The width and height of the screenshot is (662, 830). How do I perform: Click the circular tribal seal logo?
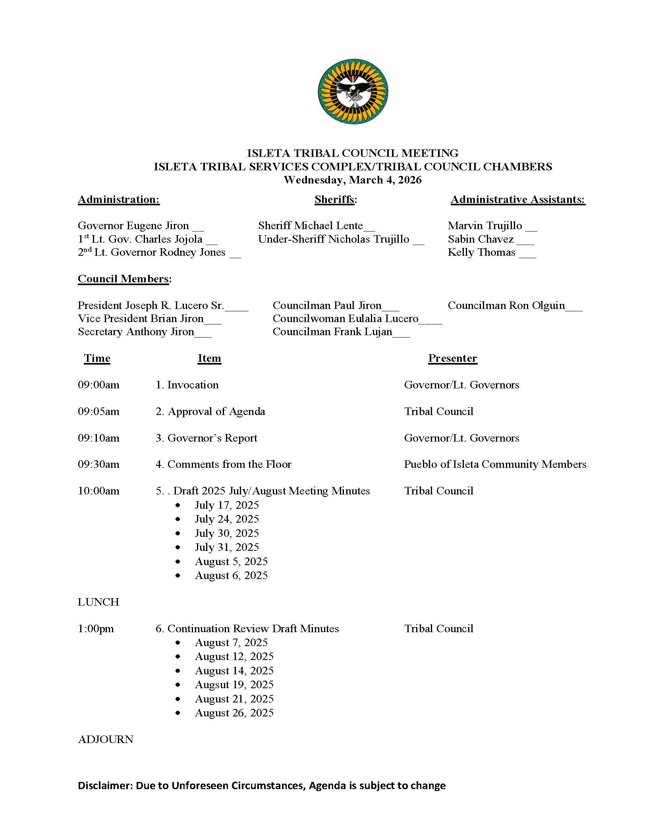pyautogui.click(x=353, y=91)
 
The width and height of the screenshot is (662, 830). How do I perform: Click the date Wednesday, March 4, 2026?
pyautogui.click(x=352, y=180)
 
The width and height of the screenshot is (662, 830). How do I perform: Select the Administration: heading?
pyautogui.click(x=119, y=199)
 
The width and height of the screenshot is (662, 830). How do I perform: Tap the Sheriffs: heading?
pyautogui.click(x=336, y=199)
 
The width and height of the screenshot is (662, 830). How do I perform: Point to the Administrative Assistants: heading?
pyautogui.click(x=517, y=199)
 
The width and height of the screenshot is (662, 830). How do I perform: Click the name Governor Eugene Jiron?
pyautogui.click(x=133, y=226)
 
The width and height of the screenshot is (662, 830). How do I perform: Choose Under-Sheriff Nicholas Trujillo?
pyautogui.click(x=334, y=239)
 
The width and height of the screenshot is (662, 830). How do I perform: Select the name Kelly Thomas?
pyautogui.click(x=481, y=252)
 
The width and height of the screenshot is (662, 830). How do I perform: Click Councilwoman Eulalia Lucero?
pyautogui.click(x=345, y=318)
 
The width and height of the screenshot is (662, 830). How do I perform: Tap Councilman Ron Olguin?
pyautogui.click(x=506, y=305)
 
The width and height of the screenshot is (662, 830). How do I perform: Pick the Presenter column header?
pyautogui.click(x=452, y=358)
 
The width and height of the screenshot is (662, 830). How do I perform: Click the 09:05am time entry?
pyautogui.click(x=98, y=411)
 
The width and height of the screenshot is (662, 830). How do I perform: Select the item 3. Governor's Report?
pyautogui.click(x=207, y=438)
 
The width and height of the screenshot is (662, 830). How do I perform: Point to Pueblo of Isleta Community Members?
pyautogui.click(x=495, y=464)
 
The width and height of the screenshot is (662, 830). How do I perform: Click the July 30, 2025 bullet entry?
pyautogui.click(x=227, y=533)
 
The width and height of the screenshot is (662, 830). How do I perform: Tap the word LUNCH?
pyautogui.click(x=98, y=602)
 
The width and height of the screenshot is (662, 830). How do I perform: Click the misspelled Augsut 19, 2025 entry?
pyautogui.click(x=234, y=685)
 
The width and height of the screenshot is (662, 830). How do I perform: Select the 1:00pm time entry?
pyautogui.click(x=96, y=629)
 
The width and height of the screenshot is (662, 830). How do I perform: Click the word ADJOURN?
pyautogui.click(x=106, y=739)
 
